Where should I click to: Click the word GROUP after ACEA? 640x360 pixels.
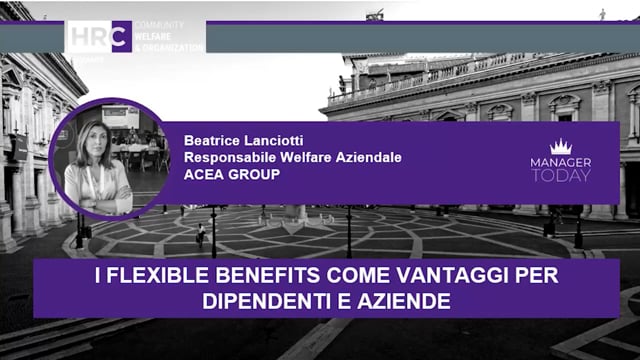coord(254,175)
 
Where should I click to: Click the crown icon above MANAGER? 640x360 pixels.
coord(561,147)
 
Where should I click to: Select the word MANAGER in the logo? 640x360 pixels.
coord(561,162)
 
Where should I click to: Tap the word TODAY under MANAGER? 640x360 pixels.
coord(561,176)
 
